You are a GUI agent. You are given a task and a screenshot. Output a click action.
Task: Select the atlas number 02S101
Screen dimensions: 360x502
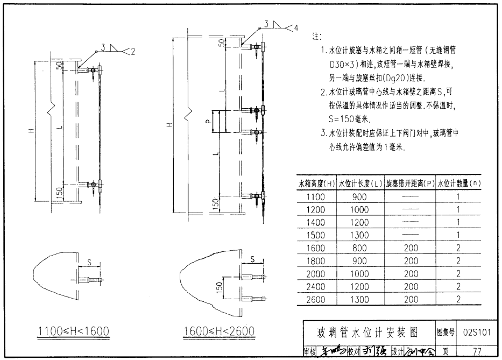point(476,331)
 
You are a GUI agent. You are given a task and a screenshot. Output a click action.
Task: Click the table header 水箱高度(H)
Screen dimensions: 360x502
point(317,183)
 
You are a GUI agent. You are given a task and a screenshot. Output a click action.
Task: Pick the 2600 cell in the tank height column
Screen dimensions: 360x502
point(316,299)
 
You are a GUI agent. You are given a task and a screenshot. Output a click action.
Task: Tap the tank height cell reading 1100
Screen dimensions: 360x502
point(316,196)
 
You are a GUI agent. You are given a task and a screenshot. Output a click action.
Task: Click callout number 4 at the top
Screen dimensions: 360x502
point(295,27)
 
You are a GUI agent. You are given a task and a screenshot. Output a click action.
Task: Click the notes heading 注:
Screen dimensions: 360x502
point(316,37)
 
